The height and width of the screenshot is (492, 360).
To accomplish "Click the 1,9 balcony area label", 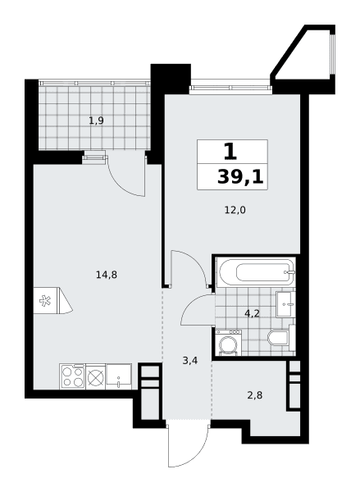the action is point(96,121).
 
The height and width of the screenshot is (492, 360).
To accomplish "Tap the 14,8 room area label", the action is point(107,275).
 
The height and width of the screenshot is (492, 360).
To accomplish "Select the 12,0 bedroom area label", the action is point(235,210).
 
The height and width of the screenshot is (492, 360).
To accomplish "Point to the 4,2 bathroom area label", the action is point(253,313).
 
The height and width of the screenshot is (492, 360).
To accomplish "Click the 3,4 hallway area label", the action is point(190,361).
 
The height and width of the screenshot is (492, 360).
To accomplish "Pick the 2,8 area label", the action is point(254,395).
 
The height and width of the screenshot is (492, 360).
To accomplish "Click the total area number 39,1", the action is point(240,178).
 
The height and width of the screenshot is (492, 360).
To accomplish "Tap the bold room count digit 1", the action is point(230,151).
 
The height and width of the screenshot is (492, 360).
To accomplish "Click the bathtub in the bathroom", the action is point(257,272).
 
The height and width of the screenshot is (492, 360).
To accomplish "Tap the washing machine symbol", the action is point(229,343).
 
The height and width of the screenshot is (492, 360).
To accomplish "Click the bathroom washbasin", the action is point(285,304).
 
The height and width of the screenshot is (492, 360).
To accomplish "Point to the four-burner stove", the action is point(72,376).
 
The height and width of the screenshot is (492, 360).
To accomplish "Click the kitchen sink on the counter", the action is point(119,376).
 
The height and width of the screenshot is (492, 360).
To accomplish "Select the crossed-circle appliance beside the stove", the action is point(95,376).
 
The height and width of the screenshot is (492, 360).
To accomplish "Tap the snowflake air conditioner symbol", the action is point(45,301).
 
